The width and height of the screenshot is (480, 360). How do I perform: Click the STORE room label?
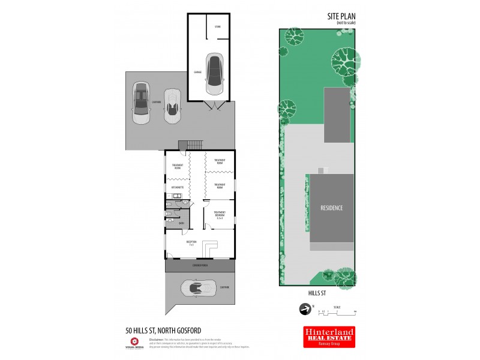coord(217,27)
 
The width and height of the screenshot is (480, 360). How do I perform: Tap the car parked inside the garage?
coord(214,74)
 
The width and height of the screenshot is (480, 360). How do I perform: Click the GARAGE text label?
coord(197,72)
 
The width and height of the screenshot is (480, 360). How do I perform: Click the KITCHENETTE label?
coord(176,188)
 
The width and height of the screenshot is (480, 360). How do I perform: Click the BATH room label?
coord(181,224)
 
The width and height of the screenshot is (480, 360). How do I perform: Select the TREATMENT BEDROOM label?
coord(219,214)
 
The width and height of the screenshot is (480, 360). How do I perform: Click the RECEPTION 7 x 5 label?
coord(191,242)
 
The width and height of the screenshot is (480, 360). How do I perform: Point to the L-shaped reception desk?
coord(209,247)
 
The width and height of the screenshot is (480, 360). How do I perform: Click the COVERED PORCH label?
coord(200,265)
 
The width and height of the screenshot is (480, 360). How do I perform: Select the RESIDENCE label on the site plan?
coord(331,208)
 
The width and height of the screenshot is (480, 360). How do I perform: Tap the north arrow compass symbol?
coord(305,310)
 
